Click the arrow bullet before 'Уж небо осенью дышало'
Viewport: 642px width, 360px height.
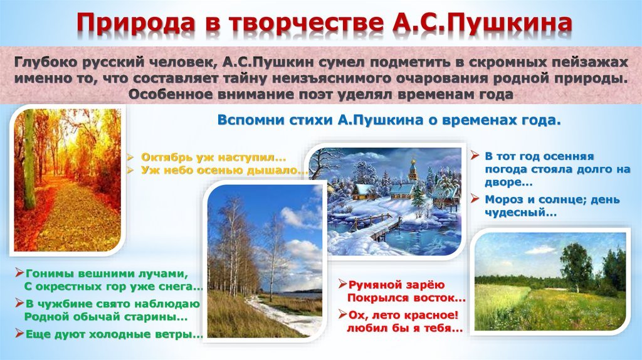130,170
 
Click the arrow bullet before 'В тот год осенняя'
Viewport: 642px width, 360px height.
475,156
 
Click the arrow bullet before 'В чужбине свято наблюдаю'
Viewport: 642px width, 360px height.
19,303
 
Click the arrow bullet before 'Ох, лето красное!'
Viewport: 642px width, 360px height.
343,315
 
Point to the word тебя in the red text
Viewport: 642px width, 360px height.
446,328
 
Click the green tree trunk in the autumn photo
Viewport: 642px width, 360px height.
29,160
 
